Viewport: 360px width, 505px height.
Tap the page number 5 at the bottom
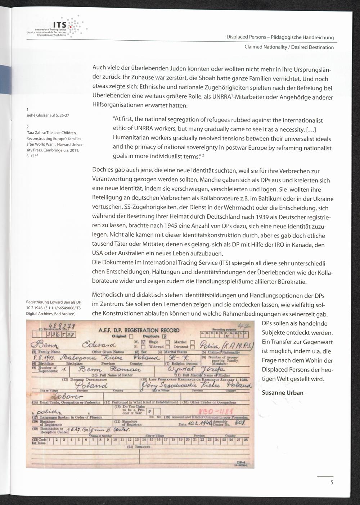coord(332,483)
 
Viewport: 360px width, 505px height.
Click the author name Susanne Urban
coord(283,392)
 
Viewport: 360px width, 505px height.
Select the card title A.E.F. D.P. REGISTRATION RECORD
coord(139,330)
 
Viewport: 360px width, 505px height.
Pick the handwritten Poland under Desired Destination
coord(87,385)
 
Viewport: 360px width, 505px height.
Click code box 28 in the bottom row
coord(246,440)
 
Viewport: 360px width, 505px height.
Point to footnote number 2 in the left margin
coord(28,126)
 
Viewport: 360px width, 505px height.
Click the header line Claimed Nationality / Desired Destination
coord(289,47)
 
